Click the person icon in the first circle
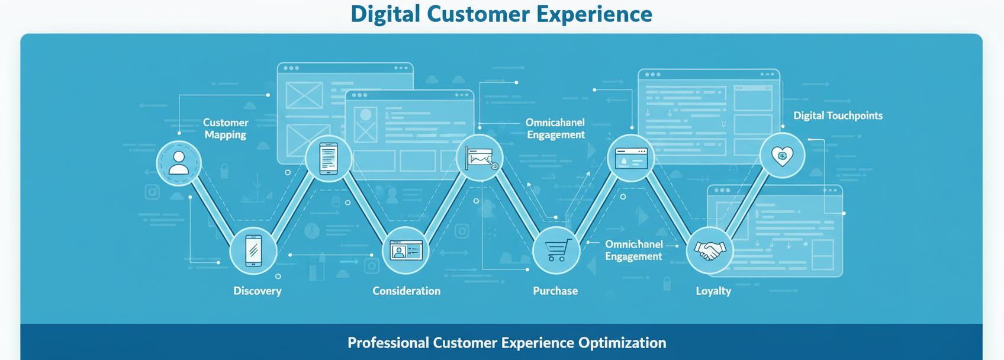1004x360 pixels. (x=179, y=163)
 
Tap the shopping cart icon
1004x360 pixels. (x=556, y=250)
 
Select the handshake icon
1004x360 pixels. (x=710, y=250)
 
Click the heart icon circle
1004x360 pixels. (x=783, y=156)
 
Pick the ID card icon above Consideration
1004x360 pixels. (x=406, y=250)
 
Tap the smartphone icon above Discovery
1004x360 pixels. (x=253, y=250)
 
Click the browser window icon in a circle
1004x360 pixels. (x=631, y=159)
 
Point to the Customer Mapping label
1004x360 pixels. (x=226, y=128)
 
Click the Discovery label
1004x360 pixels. (x=258, y=291)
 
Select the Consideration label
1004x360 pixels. (x=406, y=291)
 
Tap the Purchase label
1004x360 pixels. (x=555, y=291)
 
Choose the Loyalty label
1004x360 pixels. (x=713, y=291)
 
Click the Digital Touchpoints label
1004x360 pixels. (x=838, y=115)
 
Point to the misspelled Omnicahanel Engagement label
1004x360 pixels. (x=555, y=128)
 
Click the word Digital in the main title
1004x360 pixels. (x=385, y=14)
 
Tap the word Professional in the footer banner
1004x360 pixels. (x=388, y=343)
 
